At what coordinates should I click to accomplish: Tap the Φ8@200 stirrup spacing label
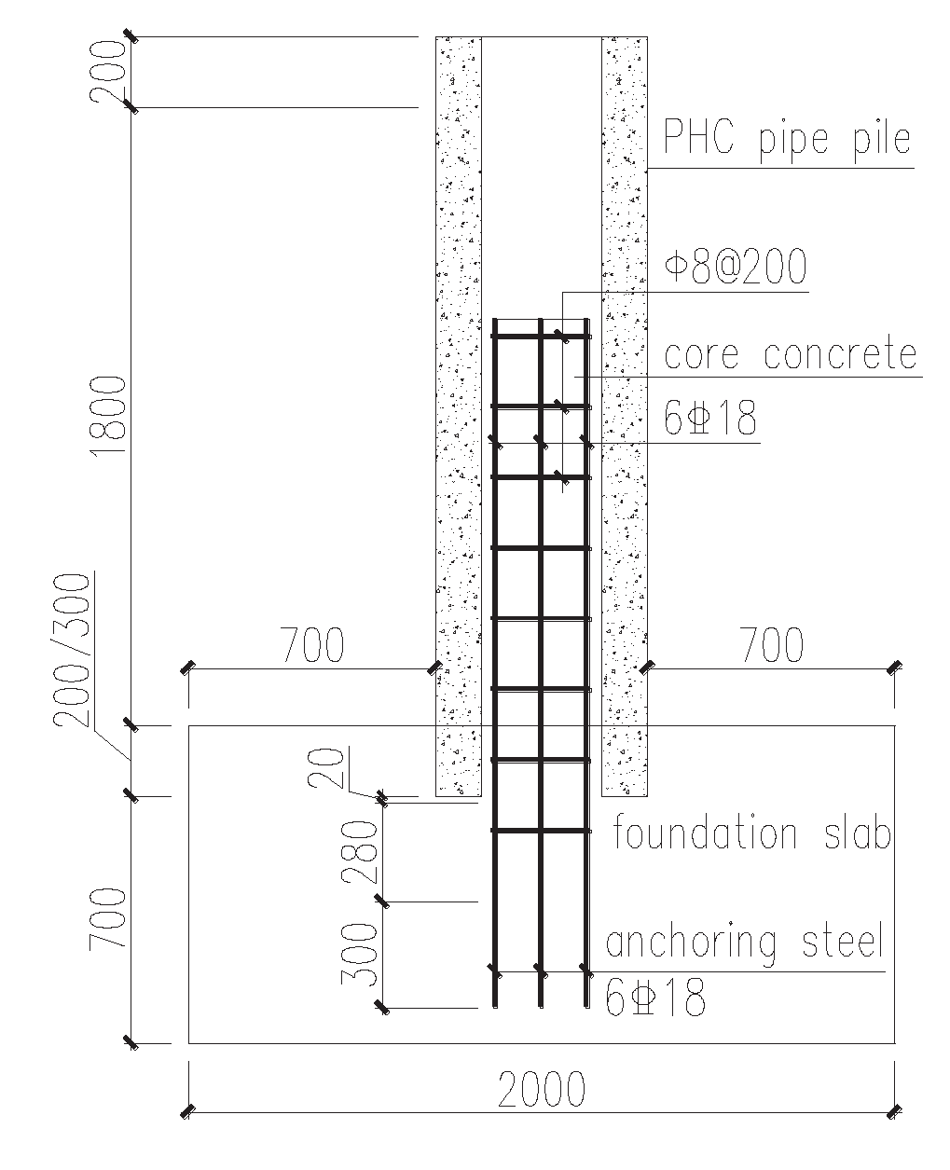736,266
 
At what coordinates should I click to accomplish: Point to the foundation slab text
751,833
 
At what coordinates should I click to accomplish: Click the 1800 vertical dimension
108,416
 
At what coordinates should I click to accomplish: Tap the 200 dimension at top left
108,72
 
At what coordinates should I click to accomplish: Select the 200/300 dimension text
71,651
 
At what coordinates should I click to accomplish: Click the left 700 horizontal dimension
312,644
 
